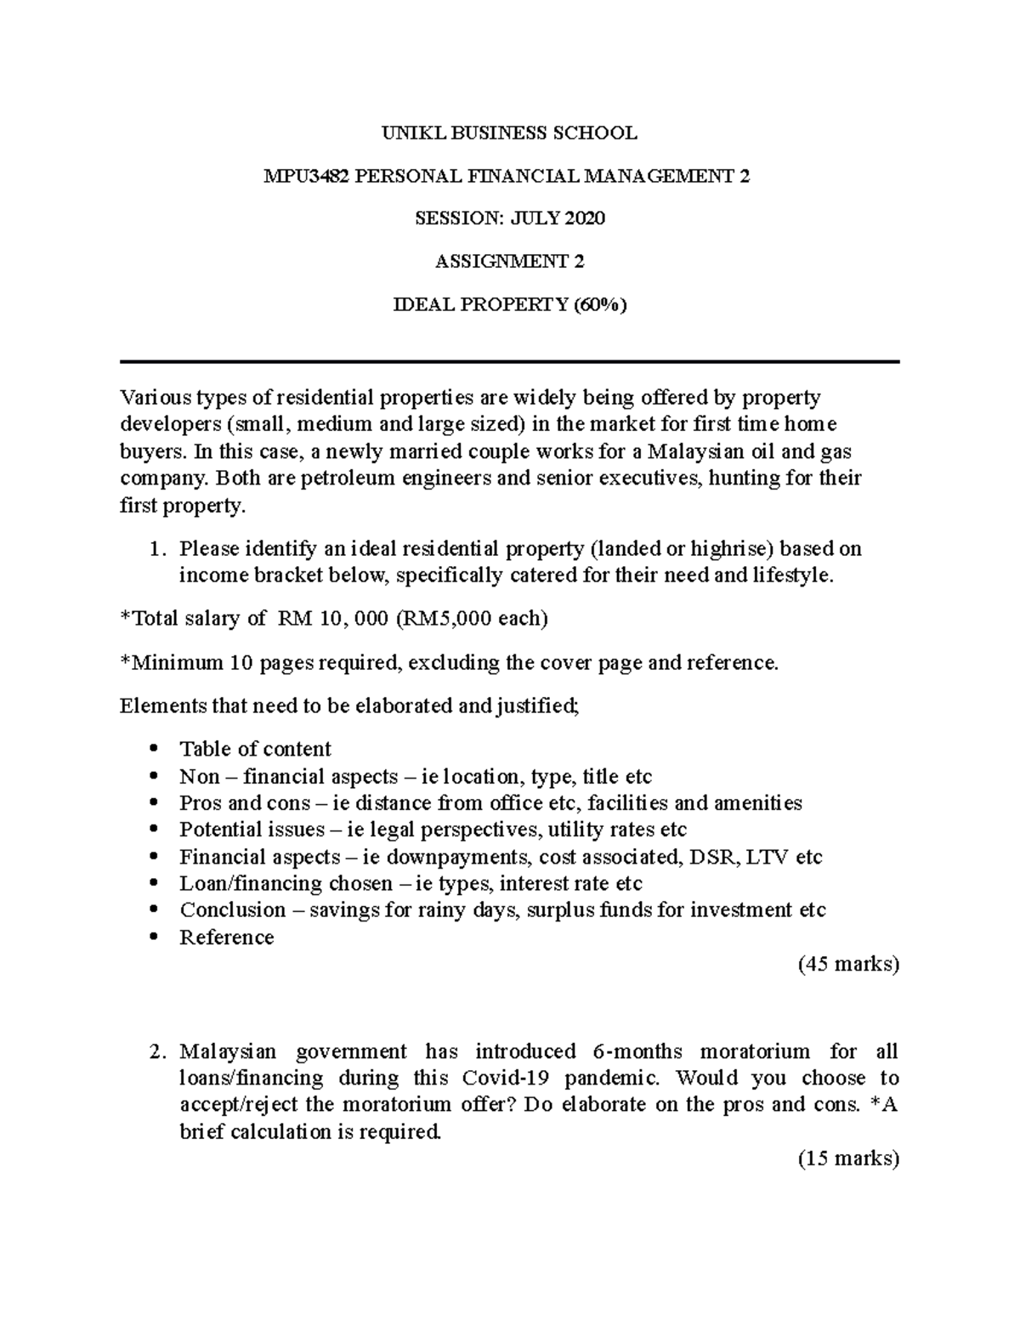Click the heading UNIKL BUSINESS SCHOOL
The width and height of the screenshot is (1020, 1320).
[x=509, y=133]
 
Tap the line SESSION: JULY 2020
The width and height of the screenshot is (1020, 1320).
[x=509, y=218]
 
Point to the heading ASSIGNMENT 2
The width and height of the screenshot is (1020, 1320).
[x=509, y=262]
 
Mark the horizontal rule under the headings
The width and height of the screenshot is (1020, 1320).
[x=509, y=362]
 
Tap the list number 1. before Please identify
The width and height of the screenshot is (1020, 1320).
[x=156, y=549]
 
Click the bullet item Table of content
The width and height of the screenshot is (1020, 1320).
[x=255, y=749]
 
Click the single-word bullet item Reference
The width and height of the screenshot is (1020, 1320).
[x=226, y=938]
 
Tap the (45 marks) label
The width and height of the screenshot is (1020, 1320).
[x=847, y=965]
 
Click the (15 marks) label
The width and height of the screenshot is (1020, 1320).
[x=847, y=1159]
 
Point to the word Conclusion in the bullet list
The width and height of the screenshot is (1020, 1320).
[x=232, y=910]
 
